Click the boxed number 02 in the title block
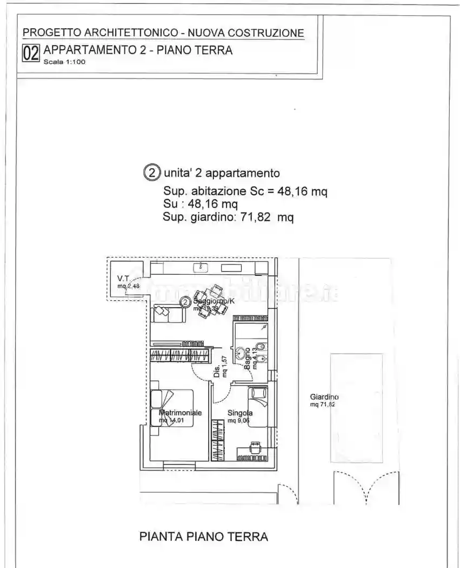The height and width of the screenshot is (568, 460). pyautogui.click(x=30, y=53)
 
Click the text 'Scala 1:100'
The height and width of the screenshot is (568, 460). pyautogui.click(x=64, y=62)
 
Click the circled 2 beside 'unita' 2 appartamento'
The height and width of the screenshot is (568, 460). pyautogui.click(x=152, y=173)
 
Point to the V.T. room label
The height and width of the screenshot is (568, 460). pyautogui.click(x=123, y=279)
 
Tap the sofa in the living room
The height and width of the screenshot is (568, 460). pyautogui.click(x=168, y=313)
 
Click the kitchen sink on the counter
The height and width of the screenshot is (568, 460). pyautogui.click(x=202, y=267)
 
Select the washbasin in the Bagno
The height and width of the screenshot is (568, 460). pyautogui.click(x=239, y=354)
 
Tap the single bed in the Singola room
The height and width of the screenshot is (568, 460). pyautogui.click(x=257, y=406)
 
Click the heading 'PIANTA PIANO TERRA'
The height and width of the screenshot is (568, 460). pyautogui.click(x=204, y=537)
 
